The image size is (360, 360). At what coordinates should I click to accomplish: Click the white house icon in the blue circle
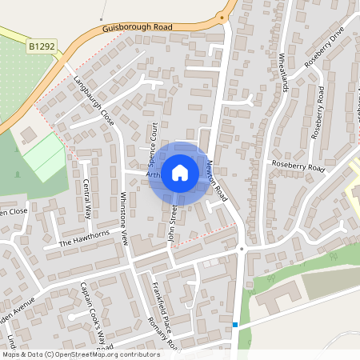click(x=180, y=172)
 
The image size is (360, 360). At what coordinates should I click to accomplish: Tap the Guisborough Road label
click(x=138, y=28)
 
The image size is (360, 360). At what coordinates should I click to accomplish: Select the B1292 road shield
click(x=42, y=48)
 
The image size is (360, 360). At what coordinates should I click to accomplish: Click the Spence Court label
click(x=150, y=139)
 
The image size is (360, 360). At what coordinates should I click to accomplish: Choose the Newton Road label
click(x=216, y=180)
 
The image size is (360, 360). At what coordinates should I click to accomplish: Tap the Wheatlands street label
click(x=284, y=73)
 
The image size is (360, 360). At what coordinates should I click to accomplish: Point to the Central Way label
click(x=87, y=198)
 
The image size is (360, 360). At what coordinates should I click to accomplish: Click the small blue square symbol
click(x=235, y=324)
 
